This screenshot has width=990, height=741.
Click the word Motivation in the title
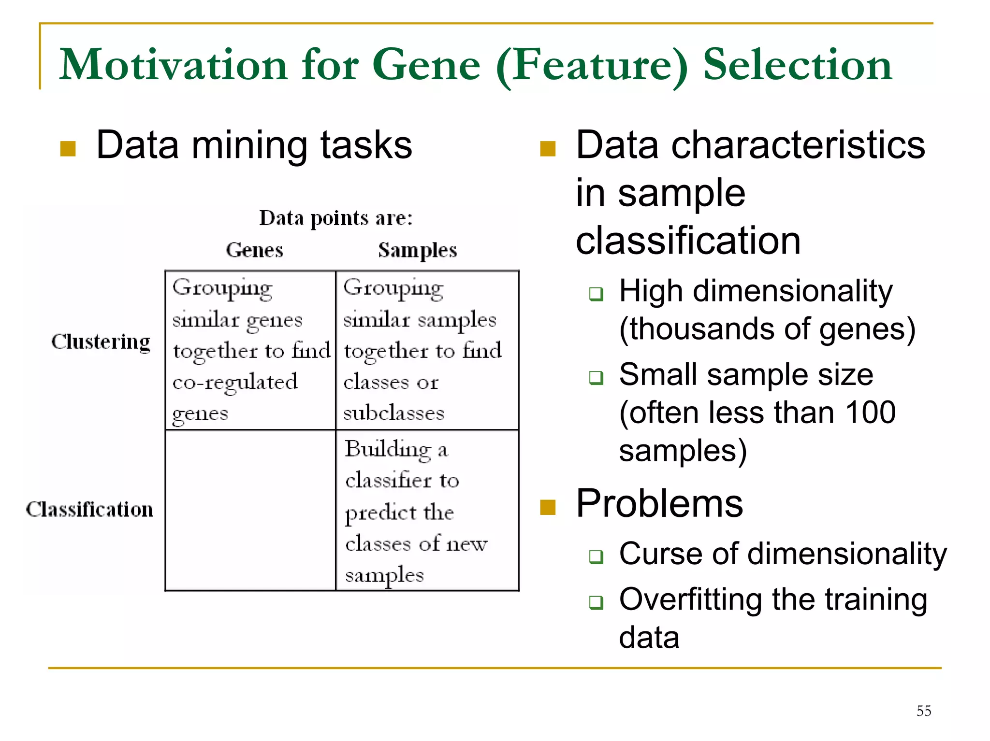[x=173, y=65]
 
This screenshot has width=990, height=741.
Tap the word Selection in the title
[x=797, y=65]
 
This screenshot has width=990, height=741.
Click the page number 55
[x=923, y=711]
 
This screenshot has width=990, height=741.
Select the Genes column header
[x=254, y=250]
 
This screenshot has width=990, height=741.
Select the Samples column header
[x=417, y=250]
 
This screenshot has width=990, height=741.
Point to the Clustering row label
[x=101, y=342]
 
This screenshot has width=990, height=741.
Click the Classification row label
[x=89, y=510]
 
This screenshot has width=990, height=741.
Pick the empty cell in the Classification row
[x=250, y=510]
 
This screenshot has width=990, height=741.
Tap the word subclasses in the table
[x=393, y=413]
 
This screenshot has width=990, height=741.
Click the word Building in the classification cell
[x=388, y=449]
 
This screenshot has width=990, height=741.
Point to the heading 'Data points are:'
[x=336, y=218]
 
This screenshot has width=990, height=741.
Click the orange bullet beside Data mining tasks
[x=68, y=149]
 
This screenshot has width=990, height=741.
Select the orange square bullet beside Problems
[x=548, y=507]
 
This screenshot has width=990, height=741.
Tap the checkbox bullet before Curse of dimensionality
[x=596, y=556]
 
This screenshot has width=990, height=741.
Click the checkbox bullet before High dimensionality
[x=596, y=293]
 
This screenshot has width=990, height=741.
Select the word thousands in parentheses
[x=701, y=329]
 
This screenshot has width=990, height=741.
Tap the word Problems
[x=659, y=503]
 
